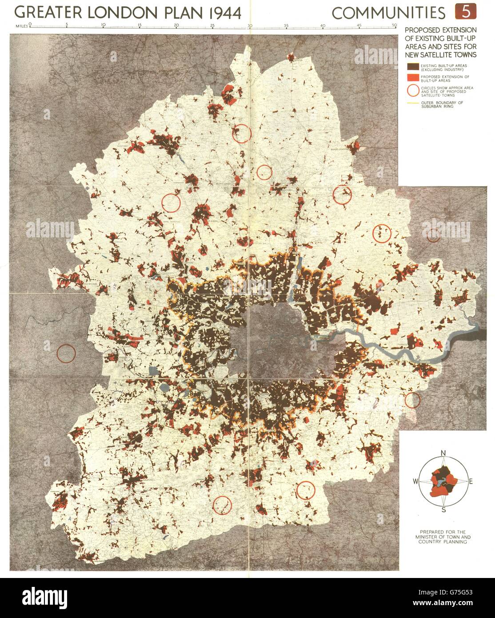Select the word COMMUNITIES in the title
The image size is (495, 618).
pyautogui.click(x=388, y=13)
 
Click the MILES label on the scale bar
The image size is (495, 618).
pyautogui.click(x=20, y=25)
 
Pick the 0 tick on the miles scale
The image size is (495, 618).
pyautogui.click(x=30, y=24)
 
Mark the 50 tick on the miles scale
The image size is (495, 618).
pyautogui.click(x=395, y=24)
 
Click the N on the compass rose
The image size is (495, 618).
pyautogui.click(x=443, y=453)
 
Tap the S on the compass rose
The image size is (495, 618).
pyautogui.click(x=443, y=510)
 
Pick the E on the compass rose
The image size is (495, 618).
pyautogui.click(x=471, y=482)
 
